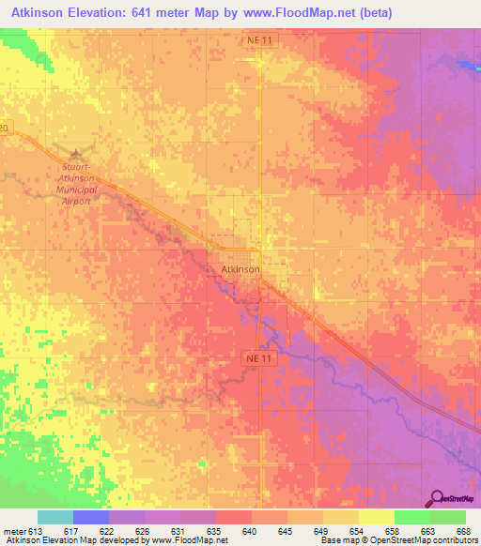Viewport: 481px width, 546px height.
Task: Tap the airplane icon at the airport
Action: click(76, 152)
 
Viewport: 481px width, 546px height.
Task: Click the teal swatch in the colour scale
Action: click(55, 517)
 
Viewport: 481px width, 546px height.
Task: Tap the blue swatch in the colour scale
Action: click(91, 517)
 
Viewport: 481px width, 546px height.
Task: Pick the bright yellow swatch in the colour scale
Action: click(377, 517)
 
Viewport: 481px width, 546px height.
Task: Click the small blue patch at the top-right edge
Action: click(469, 66)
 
